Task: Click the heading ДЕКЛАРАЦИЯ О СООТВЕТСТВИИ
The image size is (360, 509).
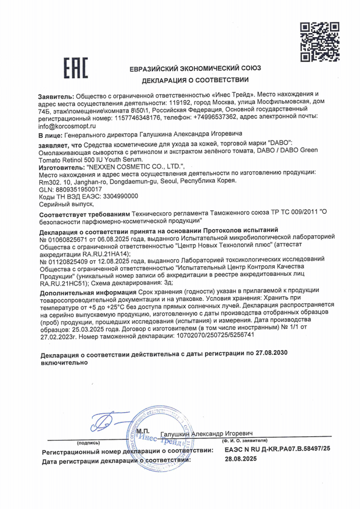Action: pyautogui.click(x=195, y=80)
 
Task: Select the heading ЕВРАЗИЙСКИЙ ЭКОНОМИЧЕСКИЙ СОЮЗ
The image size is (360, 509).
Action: pyautogui.click(x=195, y=69)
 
